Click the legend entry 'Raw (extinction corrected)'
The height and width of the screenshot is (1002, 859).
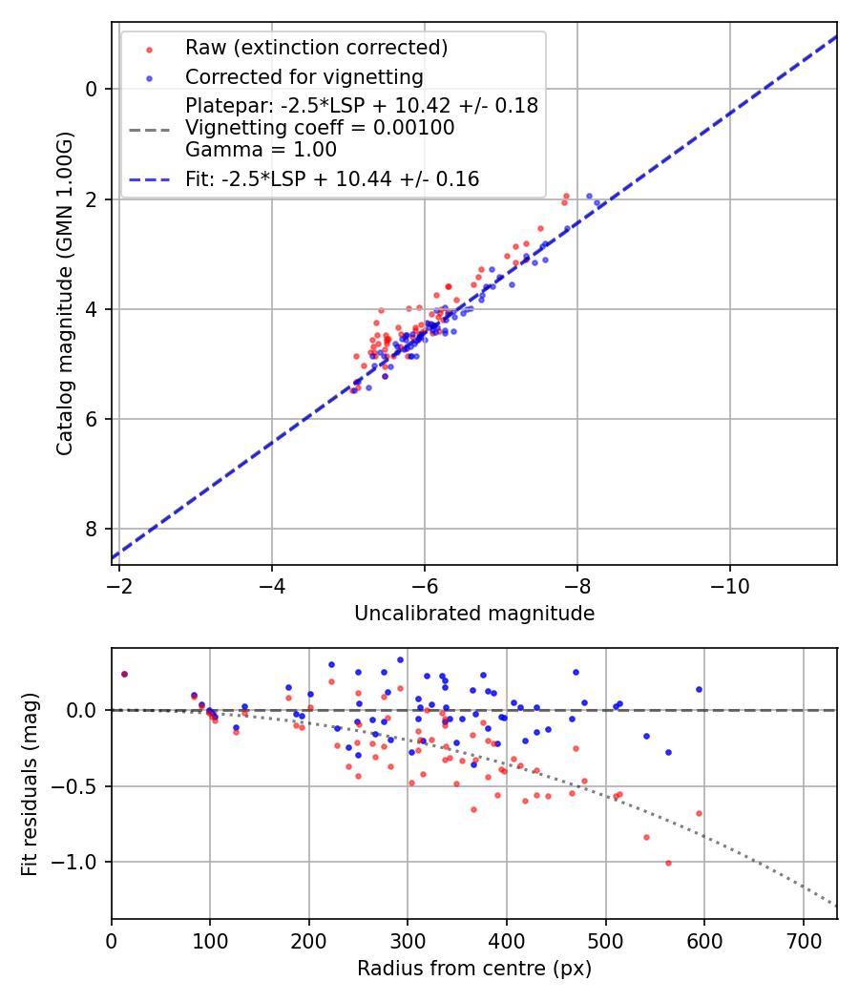pyautogui.click(x=316, y=48)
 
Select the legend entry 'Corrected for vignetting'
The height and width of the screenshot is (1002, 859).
pyautogui.click(x=304, y=76)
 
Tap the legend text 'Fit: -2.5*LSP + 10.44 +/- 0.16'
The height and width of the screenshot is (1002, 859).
pyautogui.click(x=332, y=179)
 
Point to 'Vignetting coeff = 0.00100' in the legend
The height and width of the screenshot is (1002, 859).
pyautogui.click(x=320, y=128)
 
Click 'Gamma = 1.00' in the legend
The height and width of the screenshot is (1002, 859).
pyautogui.click(x=261, y=150)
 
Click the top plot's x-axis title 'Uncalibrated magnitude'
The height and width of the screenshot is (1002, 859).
pyautogui.click(x=474, y=614)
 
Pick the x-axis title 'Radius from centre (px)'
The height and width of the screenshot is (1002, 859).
pyautogui.click(x=474, y=969)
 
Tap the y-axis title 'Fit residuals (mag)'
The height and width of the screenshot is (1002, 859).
pyautogui.click(x=30, y=783)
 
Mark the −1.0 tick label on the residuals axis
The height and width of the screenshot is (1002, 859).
pyautogui.click(x=80, y=863)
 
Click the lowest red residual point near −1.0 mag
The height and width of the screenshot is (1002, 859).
pyautogui.click(x=668, y=863)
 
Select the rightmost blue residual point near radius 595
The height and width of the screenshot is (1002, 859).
pyautogui.click(x=699, y=689)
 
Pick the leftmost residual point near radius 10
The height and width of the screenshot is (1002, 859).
pyautogui.click(x=124, y=674)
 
